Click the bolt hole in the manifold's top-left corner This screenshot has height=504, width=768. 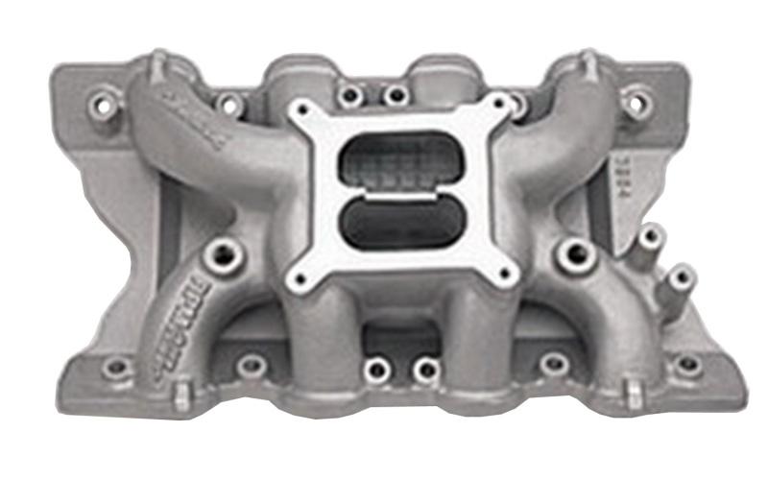[x=101, y=101]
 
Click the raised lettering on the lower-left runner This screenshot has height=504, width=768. [x=161, y=317]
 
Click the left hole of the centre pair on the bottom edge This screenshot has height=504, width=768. [x=377, y=367]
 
